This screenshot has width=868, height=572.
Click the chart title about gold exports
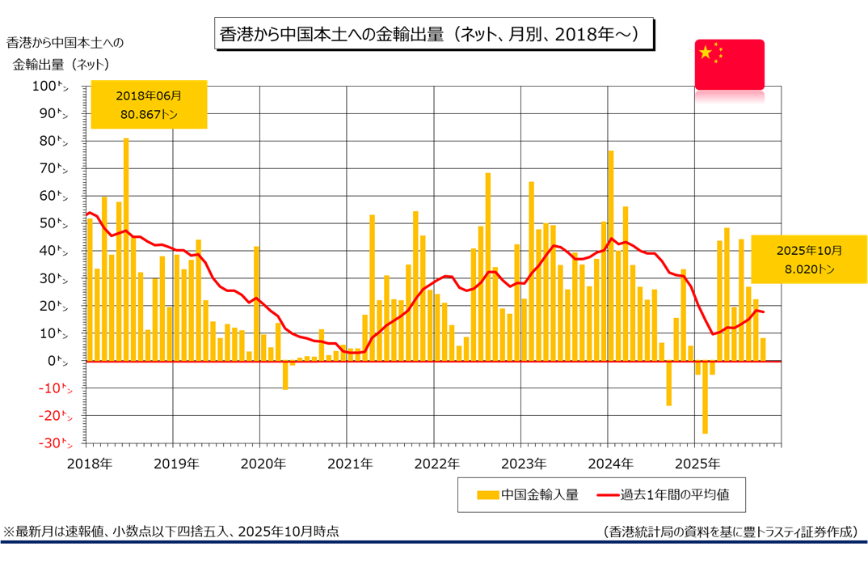(x=433, y=35)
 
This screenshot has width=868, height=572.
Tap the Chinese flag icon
(x=729, y=63)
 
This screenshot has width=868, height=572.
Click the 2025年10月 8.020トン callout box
(x=808, y=259)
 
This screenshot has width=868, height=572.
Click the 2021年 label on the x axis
(x=349, y=464)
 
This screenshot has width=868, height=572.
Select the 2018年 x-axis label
(x=88, y=464)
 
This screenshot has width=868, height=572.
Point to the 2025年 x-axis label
(x=697, y=464)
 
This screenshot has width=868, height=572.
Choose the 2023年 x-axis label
(x=523, y=464)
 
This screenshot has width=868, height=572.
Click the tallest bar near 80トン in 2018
(x=126, y=249)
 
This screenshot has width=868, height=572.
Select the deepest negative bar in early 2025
(x=706, y=397)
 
